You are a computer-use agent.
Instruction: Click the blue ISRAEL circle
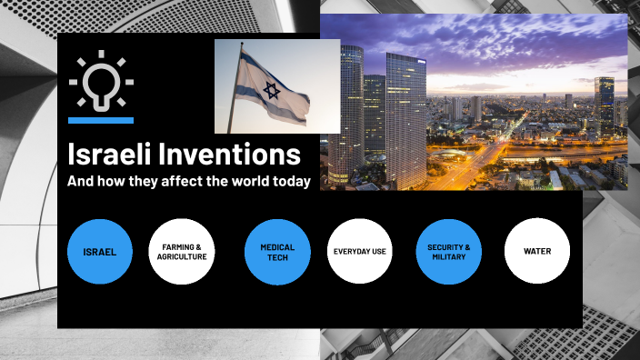point(100,251)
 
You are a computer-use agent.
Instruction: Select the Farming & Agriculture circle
point(181,251)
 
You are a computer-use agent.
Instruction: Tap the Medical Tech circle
point(277,251)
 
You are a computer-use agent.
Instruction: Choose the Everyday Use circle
point(360,251)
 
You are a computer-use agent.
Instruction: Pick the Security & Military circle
point(448,251)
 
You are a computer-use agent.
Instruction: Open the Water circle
point(536,251)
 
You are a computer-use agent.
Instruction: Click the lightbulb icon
point(100,82)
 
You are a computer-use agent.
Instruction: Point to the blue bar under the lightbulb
point(100,120)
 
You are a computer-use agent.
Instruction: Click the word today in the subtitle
point(289,181)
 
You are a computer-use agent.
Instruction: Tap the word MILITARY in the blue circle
point(448,256)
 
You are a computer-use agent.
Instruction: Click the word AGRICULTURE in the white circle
point(182,256)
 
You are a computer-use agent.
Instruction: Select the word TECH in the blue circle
point(277,256)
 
